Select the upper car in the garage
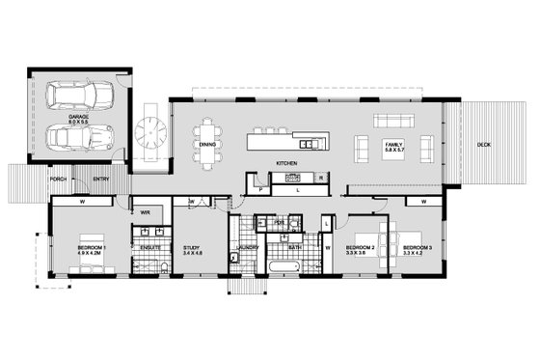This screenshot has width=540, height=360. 79,97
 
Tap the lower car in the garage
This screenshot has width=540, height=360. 79,139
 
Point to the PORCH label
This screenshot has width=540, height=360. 59,179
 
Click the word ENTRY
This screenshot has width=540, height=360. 101,179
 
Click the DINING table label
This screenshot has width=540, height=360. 207,145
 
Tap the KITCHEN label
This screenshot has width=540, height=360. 286,163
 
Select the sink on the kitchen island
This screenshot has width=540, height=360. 306,144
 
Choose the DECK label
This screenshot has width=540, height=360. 483,145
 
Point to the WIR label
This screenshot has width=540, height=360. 146,212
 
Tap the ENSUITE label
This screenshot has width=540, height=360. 149,248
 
